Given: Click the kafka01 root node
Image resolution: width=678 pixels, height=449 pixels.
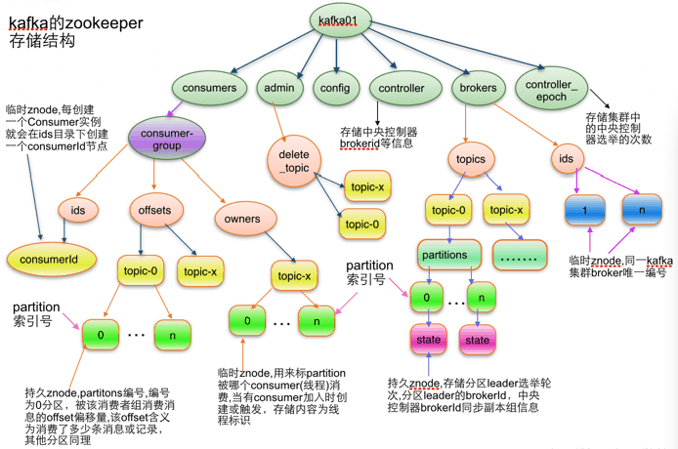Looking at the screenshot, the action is coord(340,20).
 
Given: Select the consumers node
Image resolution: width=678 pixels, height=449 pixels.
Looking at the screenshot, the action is coord(209,88).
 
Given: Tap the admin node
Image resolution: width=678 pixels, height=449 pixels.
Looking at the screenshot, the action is coord(279,88).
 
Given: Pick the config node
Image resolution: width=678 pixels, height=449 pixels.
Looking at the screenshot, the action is coord(335,88).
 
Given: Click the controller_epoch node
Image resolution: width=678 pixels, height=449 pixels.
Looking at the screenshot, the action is coord(551,90).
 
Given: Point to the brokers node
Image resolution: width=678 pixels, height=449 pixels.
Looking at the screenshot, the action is coord(479,88).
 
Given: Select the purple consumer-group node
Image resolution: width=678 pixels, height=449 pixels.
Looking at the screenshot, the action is coord(167,139).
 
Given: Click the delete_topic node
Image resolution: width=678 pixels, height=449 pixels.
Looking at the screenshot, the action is coord(294,161).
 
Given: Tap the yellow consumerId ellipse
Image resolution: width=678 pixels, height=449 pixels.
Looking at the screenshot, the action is coord(51,260).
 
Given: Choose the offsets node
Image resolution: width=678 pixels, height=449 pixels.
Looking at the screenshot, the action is coord(155,210).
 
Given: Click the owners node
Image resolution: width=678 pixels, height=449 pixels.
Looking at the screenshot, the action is coord(245,219).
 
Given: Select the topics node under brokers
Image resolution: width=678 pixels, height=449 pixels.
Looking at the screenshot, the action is coord(471,159).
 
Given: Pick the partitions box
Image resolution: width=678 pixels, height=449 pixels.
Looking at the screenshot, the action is coord(448,255).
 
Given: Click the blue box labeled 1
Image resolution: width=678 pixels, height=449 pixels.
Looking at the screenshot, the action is coord(584,211).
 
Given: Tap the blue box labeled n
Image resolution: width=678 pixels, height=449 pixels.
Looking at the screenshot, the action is coord(642,210).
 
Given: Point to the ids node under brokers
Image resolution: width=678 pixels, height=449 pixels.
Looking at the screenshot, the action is coord(568,158).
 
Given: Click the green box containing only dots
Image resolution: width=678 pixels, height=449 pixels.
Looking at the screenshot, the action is coord(520,255).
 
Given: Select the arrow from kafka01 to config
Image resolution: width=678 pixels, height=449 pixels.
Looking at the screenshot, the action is coord(336,55).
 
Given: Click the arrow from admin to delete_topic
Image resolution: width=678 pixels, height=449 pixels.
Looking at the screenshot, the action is coord(278,122).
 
